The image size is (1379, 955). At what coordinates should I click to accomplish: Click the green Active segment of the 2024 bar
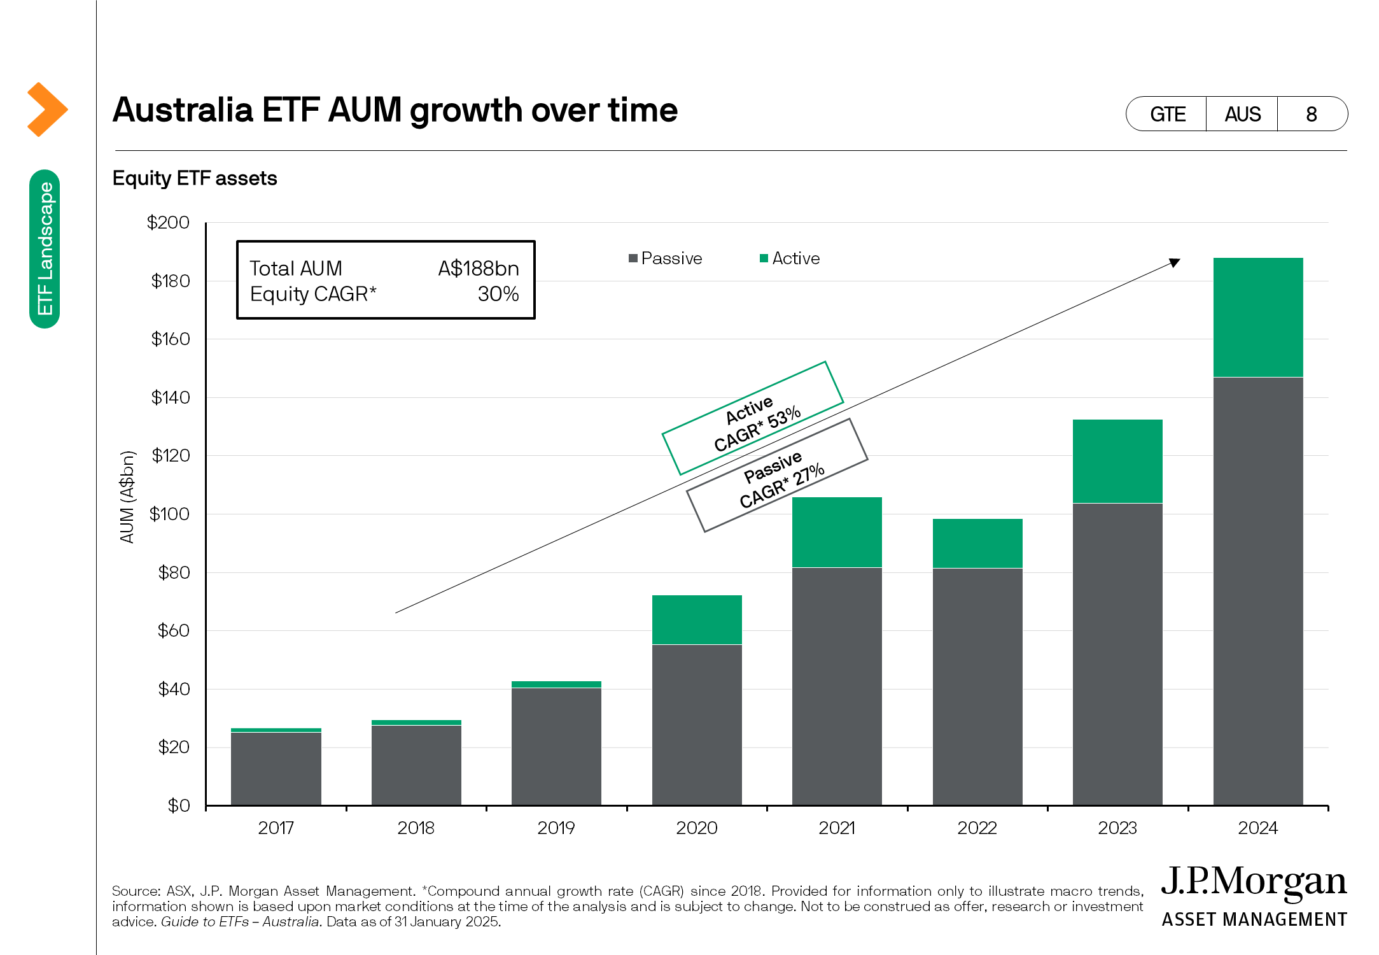tap(1257, 317)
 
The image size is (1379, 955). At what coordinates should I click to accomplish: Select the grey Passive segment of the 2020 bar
tap(697, 725)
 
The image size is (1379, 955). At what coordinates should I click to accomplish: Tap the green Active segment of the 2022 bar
tap(977, 543)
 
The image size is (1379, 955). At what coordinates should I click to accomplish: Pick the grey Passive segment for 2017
tap(276, 768)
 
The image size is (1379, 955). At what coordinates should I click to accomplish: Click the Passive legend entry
tap(665, 258)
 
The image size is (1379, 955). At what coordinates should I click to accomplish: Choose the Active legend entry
tap(790, 258)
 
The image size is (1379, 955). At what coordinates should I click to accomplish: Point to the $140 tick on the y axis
tap(171, 398)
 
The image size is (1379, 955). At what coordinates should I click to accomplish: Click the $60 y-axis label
tap(174, 631)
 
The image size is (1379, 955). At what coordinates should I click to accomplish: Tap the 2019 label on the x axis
tap(556, 828)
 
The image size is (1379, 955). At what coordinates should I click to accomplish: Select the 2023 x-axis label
tap(1117, 828)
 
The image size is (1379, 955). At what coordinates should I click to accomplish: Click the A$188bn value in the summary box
tap(479, 269)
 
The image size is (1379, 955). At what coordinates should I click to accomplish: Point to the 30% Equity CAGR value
tap(498, 294)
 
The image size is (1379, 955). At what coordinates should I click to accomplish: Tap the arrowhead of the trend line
tap(1175, 262)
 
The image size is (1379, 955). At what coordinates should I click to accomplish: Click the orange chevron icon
tap(47, 110)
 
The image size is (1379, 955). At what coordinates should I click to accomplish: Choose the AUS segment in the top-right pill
tap(1242, 115)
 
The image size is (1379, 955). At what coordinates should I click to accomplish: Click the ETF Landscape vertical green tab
tap(45, 249)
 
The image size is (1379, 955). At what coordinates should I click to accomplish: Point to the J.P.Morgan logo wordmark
tap(1254, 882)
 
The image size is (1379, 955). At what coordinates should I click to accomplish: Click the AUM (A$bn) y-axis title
tap(127, 497)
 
